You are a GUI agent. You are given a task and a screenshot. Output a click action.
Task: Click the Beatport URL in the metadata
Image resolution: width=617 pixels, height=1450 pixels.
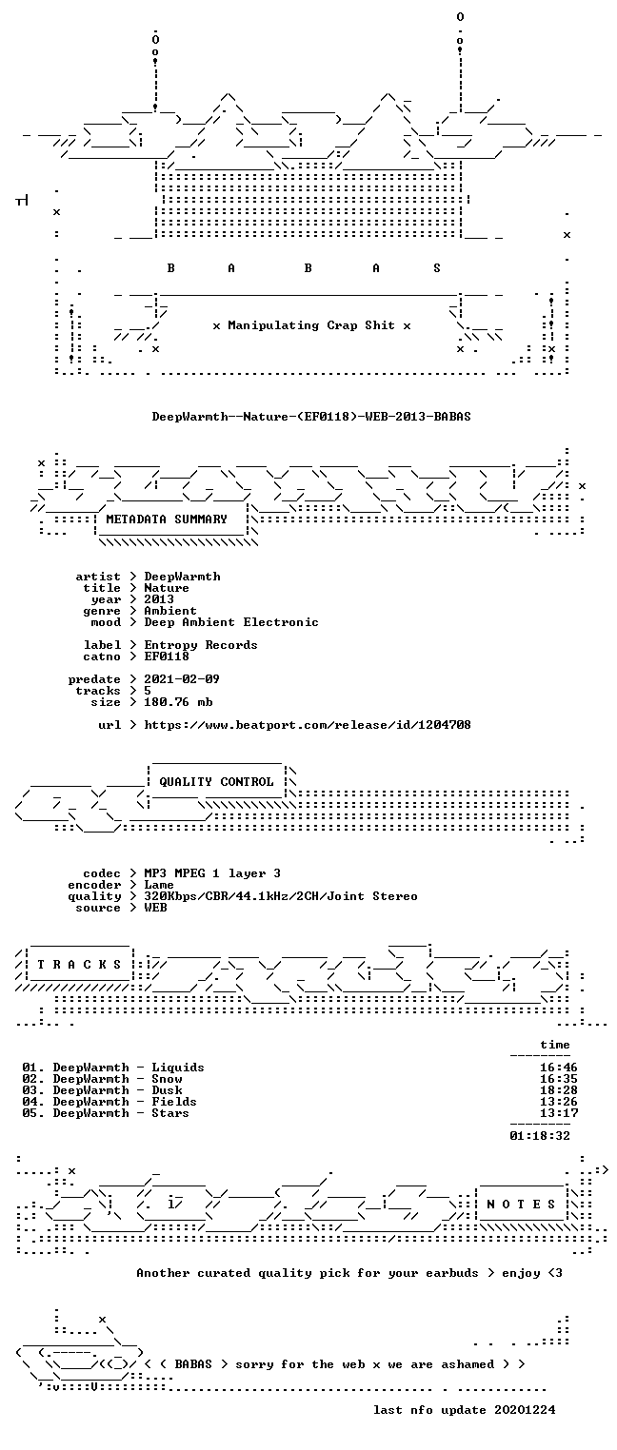[x=308, y=725]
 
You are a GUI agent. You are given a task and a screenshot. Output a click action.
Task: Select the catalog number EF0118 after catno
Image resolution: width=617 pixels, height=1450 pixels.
[x=167, y=656]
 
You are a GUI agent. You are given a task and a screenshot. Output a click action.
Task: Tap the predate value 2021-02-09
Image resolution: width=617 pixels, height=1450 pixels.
[x=182, y=679]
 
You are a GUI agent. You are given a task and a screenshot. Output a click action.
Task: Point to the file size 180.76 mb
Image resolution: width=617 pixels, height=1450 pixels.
[x=178, y=702]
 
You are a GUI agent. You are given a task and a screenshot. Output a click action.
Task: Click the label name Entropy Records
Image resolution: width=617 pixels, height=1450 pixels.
[x=201, y=645]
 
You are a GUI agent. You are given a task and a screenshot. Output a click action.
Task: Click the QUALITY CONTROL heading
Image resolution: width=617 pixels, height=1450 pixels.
[x=216, y=782]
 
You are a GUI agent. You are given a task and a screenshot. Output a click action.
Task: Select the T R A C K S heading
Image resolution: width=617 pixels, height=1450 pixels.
[x=80, y=965]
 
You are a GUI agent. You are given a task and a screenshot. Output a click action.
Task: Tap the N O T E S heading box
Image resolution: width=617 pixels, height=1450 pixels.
[x=521, y=1204]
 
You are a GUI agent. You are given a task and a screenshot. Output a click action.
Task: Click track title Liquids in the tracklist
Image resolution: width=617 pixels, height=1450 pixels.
[x=178, y=1068]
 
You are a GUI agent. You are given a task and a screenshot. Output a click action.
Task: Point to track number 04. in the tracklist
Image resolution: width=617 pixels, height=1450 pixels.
[x=33, y=1102]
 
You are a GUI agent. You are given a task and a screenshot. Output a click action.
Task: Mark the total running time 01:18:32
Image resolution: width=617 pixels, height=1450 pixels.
[x=540, y=1135]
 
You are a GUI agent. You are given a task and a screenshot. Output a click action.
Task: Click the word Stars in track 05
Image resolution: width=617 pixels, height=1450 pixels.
[x=170, y=1113]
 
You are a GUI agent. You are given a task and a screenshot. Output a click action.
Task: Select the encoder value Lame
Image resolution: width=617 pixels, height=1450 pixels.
[x=159, y=885]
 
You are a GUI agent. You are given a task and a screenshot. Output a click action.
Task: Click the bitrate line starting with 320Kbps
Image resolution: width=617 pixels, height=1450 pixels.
[x=281, y=896]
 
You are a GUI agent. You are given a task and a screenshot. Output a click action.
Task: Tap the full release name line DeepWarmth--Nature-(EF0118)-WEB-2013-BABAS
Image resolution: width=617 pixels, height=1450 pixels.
[x=311, y=417]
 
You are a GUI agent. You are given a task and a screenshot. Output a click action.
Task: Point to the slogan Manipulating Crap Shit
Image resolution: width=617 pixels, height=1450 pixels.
[x=311, y=325]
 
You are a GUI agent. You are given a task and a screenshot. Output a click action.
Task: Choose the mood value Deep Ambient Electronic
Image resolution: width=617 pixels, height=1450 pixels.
[x=231, y=622]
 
